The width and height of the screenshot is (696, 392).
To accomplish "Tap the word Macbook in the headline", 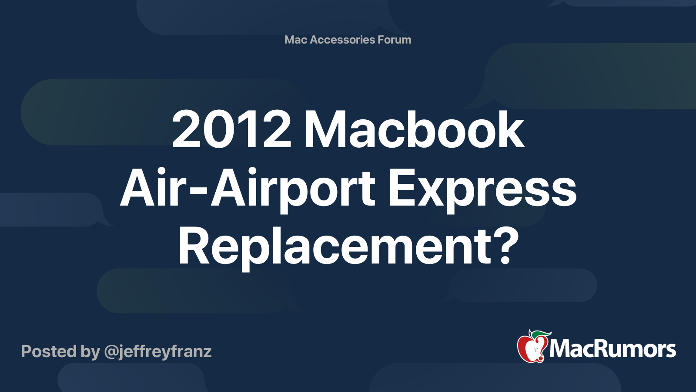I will coord(414,130).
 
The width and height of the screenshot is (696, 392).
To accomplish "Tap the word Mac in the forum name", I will coord(296,40).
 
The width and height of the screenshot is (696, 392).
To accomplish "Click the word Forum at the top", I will coord(394,40).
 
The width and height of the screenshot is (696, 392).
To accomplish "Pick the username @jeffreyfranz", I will coord(158,351).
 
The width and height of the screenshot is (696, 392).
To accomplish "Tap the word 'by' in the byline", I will coord(90,351).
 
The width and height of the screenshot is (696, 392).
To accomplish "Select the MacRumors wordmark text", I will coord(612,349).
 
